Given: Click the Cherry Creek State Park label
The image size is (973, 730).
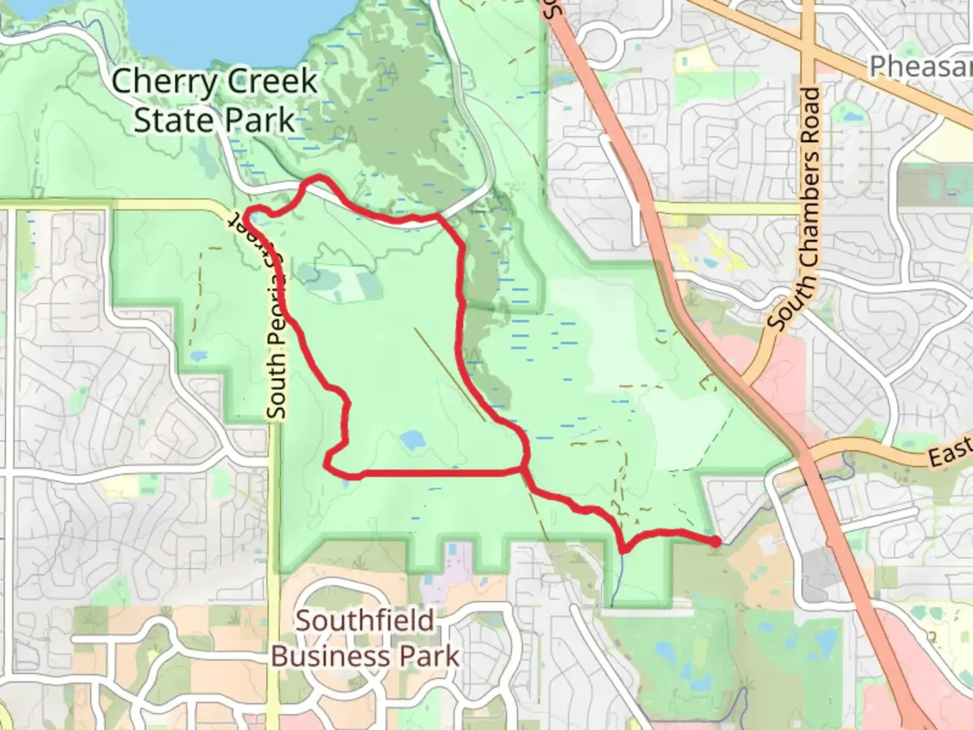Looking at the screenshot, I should click(214, 101).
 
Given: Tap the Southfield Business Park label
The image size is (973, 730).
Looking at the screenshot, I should click(365, 638).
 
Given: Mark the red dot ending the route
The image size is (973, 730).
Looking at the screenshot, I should click(716, 541).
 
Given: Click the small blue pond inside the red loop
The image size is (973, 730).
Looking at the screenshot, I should click(411, 441).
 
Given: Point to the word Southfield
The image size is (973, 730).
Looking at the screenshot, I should click(365, 620).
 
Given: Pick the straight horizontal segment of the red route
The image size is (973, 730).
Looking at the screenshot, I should click(439, 472).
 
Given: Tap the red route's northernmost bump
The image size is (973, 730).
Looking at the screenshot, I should click(318, 179).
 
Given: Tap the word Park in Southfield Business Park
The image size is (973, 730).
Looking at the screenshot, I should click(429, 656).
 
